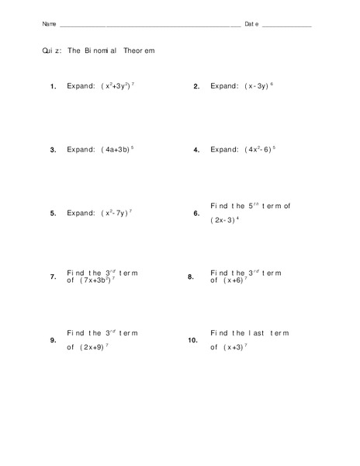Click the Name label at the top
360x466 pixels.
48,24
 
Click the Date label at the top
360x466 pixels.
251,24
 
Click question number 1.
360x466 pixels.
53,87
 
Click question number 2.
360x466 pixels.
196,87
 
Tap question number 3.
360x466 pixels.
53,151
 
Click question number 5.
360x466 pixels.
53,214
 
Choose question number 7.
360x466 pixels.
53,277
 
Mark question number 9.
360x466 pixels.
53,341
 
